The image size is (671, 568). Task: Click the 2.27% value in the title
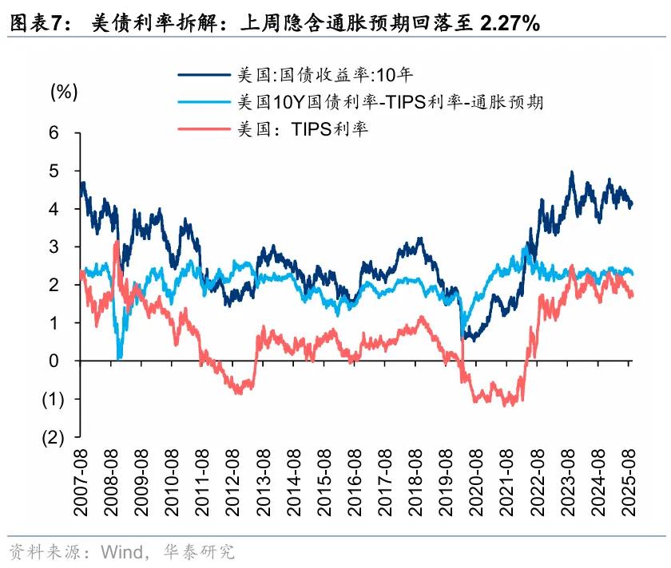(510, 23)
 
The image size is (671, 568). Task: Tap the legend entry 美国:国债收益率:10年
(324, 75)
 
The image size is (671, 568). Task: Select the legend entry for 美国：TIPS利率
(303, 129)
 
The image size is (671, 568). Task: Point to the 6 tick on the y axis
(54, 132)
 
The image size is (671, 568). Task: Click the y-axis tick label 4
(54, 208)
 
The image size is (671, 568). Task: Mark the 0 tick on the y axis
(54, 361)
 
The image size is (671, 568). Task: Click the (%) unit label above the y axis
(64, 92)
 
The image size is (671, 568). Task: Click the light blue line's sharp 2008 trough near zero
(120, 357)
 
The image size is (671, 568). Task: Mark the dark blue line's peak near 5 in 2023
(572, 172)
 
